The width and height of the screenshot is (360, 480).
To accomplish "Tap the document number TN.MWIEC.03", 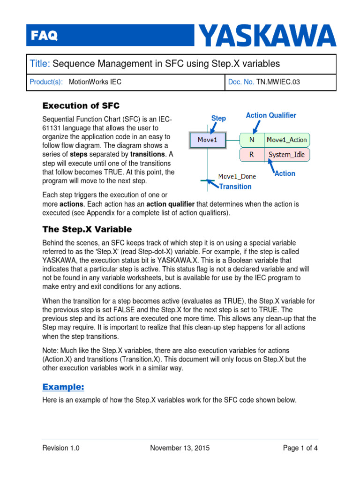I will [x=277, y=82].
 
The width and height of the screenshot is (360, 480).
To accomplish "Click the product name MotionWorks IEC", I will [x=95, y=82].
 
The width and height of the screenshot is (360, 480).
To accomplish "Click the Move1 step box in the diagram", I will [x=208, y=140].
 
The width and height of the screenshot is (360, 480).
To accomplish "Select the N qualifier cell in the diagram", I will [x=252, y=140].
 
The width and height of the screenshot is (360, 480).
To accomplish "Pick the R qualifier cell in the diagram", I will [x=252, y=154].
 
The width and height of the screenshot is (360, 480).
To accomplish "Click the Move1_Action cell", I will [x=286, y=140].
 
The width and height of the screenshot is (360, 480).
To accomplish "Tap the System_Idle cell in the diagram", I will [x=286, y=154].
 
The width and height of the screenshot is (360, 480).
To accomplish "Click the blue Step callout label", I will [x=218, y=119].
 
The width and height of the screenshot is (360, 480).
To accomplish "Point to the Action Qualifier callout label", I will [x=271, y=115].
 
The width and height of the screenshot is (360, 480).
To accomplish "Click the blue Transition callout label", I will [x=235, y=187].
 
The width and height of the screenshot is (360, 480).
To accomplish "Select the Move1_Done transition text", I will [x=237, y=177].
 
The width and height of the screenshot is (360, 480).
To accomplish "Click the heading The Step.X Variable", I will [x=87, y=230].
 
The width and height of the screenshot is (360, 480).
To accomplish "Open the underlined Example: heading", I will [x=63, y=387].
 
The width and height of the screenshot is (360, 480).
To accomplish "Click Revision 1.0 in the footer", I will [x=61, y=448].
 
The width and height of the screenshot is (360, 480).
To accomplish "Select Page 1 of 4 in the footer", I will [x=300, y=448].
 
